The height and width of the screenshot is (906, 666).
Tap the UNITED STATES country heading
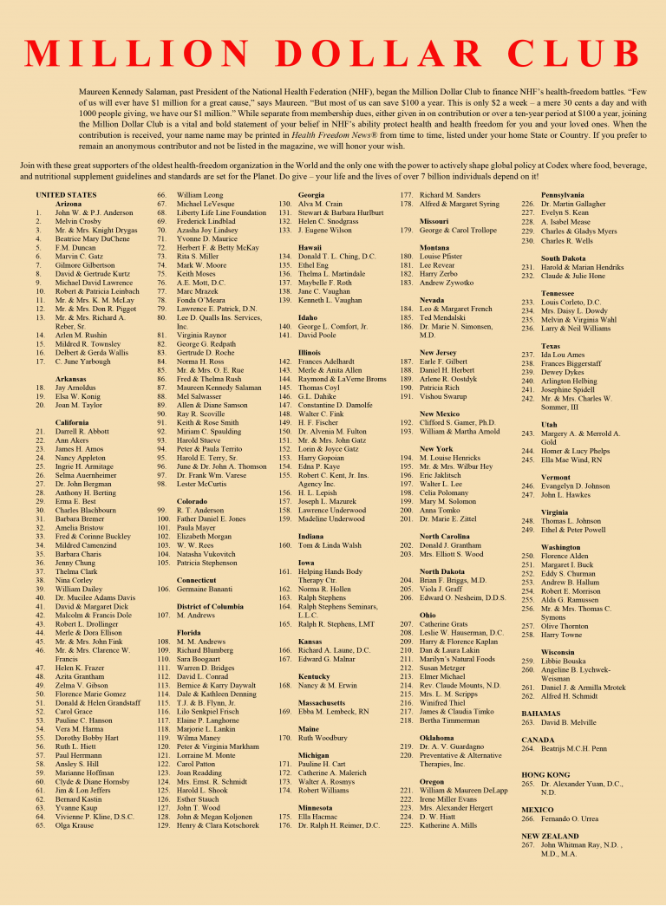[x=66, y=195]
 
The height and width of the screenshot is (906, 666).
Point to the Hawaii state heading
[x=310, y=247]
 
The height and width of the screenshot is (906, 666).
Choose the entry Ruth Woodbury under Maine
[x=326, y=738]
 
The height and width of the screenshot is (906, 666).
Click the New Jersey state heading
[x=438, y=353]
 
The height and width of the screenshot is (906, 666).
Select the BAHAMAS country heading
[x=542, y=713]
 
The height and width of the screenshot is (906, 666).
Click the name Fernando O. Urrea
[x=572, y=818]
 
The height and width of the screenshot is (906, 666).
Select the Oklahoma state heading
[x=436, y=738]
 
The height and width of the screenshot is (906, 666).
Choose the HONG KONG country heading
[x=545, y=773]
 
